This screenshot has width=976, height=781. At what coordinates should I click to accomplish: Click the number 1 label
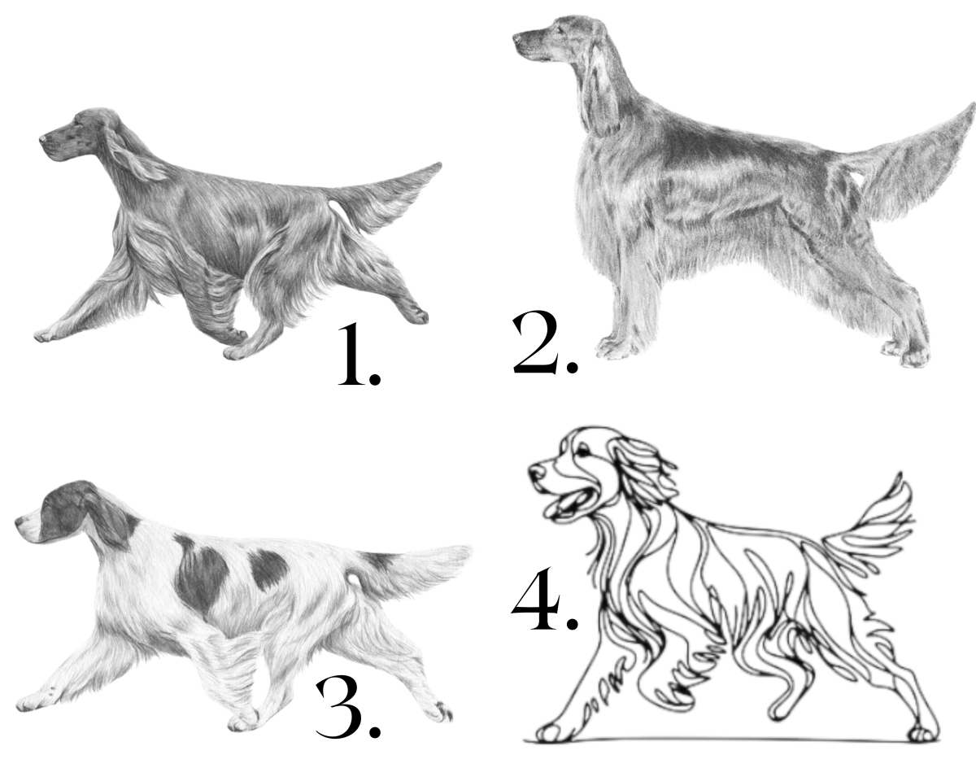click(x=359, y=355)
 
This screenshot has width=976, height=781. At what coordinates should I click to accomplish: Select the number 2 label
click(x=545, y=343)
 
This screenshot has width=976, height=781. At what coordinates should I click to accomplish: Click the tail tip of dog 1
click(x=439, y=165)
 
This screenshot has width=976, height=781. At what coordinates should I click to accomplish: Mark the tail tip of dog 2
click(x=972, y=107)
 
